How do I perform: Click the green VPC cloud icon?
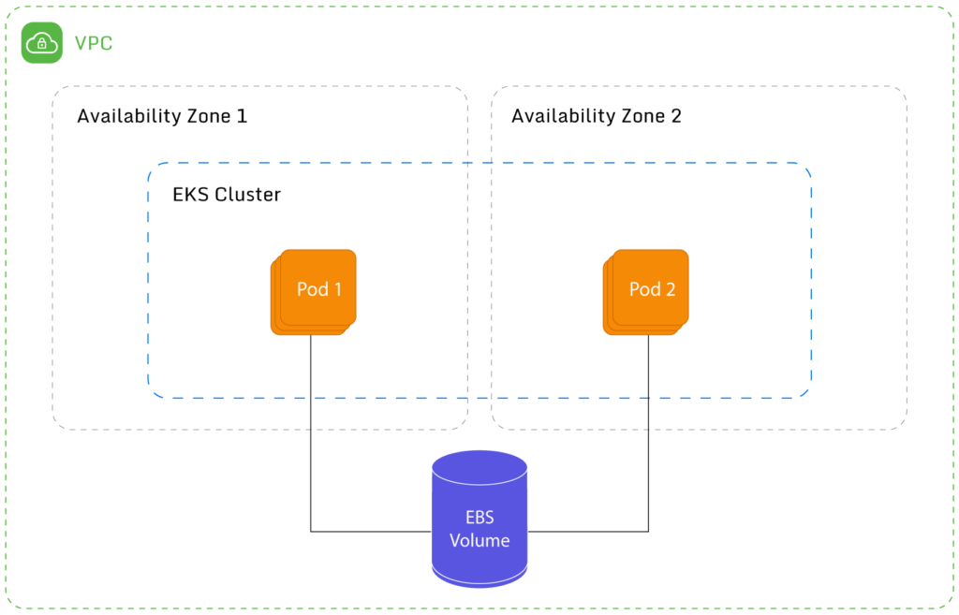pyautogui.click(x=42, y=43)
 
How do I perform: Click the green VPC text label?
pyautogui.click(x=94, y=43)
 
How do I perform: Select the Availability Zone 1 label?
pyautogui.click(x=162, y=116)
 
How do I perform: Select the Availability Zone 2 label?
pyautogui.click(x=597, y=116)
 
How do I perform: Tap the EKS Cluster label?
pyautogui.click(x=227, y=195)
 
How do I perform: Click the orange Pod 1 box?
pyautogui.click(x=315, y=290)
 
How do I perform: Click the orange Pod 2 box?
pyautogui.click(x=647, y=290)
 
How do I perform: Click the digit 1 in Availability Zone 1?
pyautogui.click(x=243, y=116)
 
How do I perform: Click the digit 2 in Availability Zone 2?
pyautogui.click(x=676, y=116)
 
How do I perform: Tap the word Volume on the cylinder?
pyautogui.click(x=479, y=541)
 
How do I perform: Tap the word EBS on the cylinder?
pyautogui.click(x=479, y=518)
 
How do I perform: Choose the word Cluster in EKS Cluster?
pyautogui.click(x=247, y=195)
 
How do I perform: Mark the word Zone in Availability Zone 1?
pyautogui.click(x=209, y=116)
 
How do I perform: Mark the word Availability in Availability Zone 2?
pyautogui.click(x=563, y=116)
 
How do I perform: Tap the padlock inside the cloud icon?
pyautogui.click(x=42, y=45)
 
